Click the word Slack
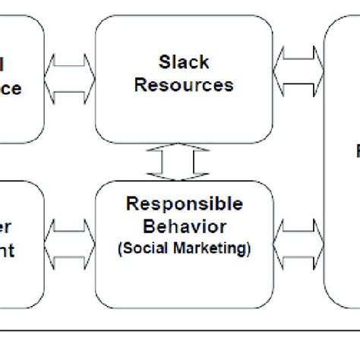click(185, 60)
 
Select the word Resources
click(185, 84)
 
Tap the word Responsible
click(185, 204)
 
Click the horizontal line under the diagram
click(180, 330)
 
